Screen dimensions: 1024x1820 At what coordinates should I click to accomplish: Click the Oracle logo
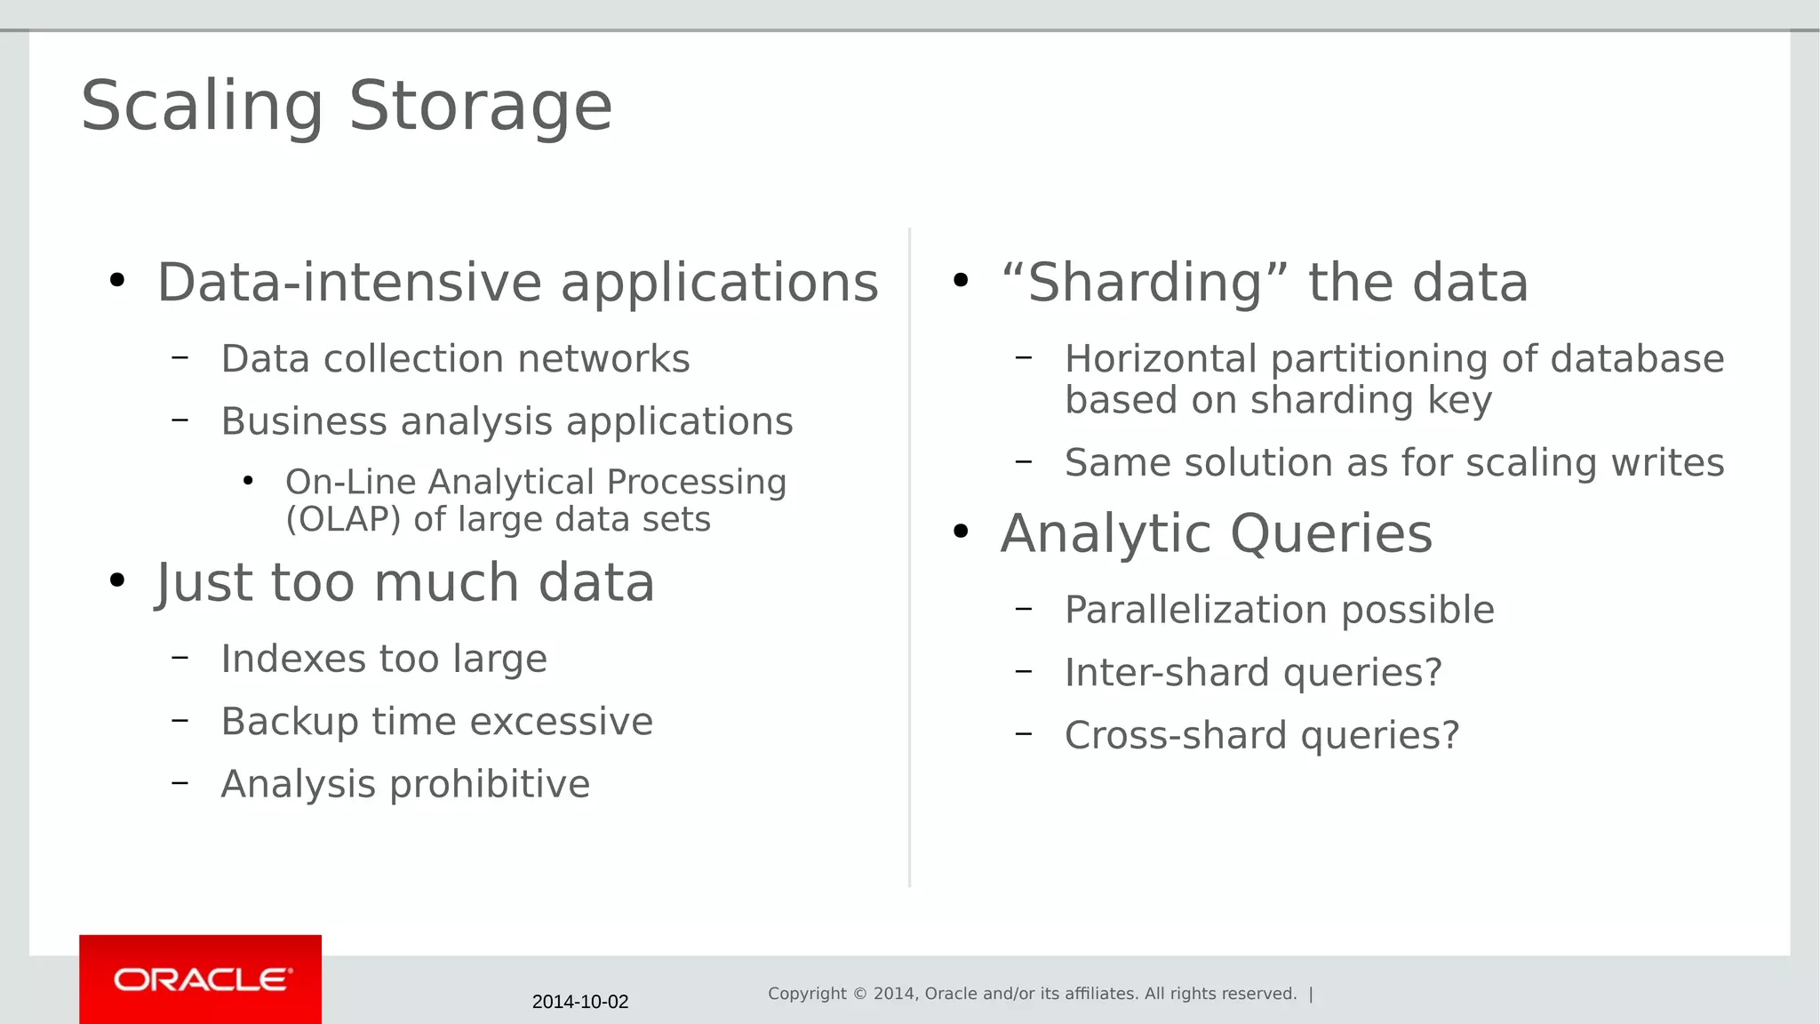tap(202, 980)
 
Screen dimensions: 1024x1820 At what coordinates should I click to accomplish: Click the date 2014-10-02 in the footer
tap(580, 1002)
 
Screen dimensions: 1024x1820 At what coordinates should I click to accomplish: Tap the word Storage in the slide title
tap(480, 106)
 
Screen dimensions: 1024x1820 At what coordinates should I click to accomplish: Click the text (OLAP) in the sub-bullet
tap(343, 519)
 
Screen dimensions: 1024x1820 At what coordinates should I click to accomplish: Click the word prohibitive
tap(490, 784)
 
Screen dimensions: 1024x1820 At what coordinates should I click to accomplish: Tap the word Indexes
tap(292, 659)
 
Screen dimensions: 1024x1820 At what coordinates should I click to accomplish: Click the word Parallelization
tap(1195, 611)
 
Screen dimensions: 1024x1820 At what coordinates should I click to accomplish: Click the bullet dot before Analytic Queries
tap(960, 532)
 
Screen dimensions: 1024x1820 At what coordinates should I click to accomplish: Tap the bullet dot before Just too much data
tap(116, 581)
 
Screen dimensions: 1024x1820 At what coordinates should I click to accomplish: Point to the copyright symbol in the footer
tap(859, 994)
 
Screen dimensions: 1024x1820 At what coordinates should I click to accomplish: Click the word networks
tap(603, 359)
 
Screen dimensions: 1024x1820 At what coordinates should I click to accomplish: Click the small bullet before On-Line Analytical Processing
tap(248, 482)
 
